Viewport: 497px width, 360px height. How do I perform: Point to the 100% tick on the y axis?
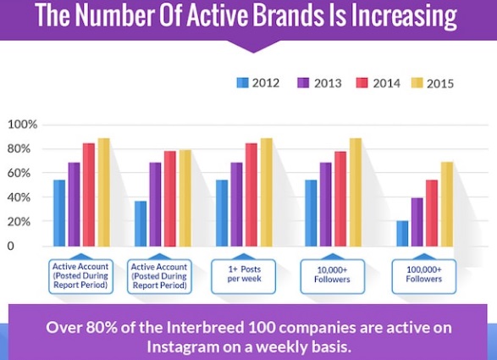pyautogui.click(x=22, y=125)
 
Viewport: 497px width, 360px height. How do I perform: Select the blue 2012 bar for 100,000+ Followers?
pyautogui.click(x=403, y=233)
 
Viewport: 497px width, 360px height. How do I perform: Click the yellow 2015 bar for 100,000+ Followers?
pyautogui.click(x=446, y=203)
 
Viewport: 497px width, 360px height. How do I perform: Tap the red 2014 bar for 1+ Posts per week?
pyautogui.click(x=251, y=194)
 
